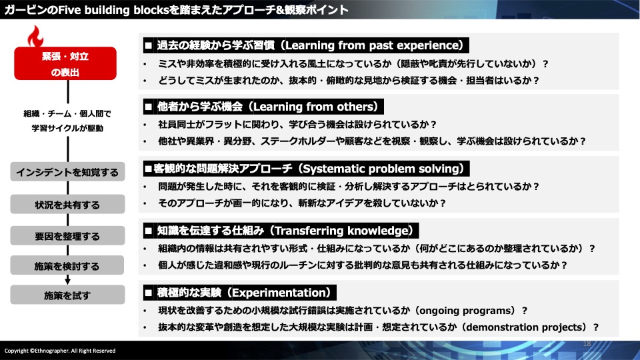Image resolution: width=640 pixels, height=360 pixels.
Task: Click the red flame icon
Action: [x=35, y=37]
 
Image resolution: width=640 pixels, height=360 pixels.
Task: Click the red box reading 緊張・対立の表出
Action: [x=65, y=63]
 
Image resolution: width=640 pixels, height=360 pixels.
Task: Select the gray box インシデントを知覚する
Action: [x=67, y=172]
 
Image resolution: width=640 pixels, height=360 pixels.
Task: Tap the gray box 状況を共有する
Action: [x=67, y=204]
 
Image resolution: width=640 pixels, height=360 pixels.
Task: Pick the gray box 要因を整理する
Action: [x=67, y=235]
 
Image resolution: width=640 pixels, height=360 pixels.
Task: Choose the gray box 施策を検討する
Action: [x=67, y=265]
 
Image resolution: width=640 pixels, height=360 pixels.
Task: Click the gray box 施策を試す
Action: [x=67, y=295]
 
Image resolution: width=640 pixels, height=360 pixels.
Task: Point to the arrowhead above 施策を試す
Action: [x=68, y=281]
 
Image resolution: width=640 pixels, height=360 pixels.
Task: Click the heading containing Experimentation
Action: [x=239, y=293]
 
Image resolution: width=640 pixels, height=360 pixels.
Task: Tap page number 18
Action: [x=587, y=344]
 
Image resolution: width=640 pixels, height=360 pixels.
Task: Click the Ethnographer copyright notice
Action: [x=60, y=351]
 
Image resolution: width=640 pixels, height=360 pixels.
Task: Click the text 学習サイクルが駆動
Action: [x=67, y=128]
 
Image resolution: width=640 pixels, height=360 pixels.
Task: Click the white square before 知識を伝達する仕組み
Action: [x=149, y=231]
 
